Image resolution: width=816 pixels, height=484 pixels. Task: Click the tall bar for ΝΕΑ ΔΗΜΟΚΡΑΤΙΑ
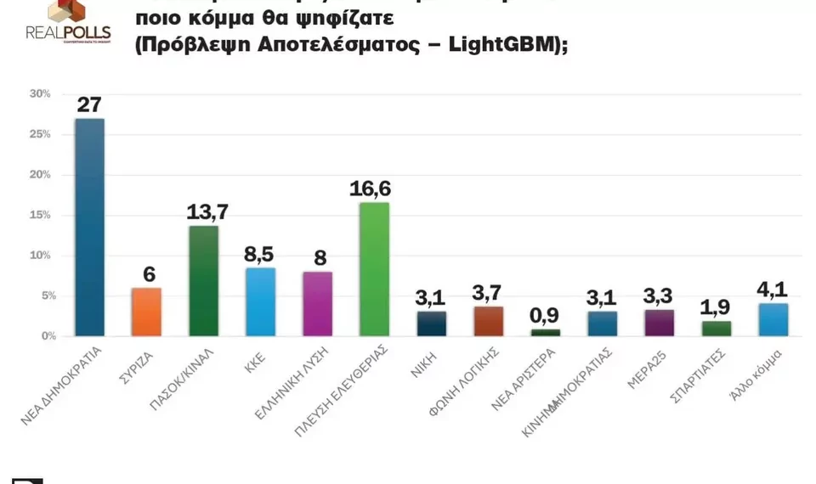tap(89, 227)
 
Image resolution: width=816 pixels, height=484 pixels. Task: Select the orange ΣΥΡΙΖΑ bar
tap(146, 312)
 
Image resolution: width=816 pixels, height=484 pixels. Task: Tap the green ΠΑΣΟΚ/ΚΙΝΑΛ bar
tap(203, 280)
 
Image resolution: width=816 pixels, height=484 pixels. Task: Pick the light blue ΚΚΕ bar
tap(260, 301)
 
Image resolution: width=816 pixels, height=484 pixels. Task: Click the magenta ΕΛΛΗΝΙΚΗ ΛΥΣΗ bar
tap(317, 303)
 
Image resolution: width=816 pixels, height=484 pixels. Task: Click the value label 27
tap(89, 104)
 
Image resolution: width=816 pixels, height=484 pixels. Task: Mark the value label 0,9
tap(545, 316)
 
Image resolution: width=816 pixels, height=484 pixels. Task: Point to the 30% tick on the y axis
tap(41, 94)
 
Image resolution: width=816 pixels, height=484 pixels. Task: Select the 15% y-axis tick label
tap(41, 215)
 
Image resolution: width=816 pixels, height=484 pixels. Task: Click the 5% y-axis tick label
tap(43, 295)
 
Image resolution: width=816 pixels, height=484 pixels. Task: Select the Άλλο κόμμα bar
tap(773, 319)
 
